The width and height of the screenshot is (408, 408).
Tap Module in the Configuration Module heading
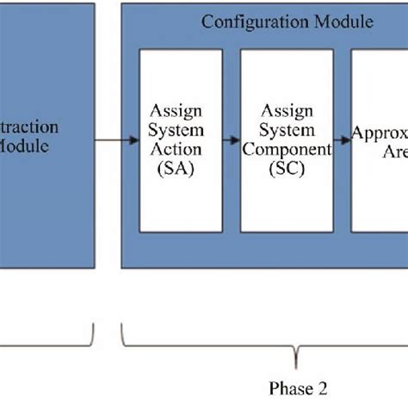(x=342, y=22)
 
